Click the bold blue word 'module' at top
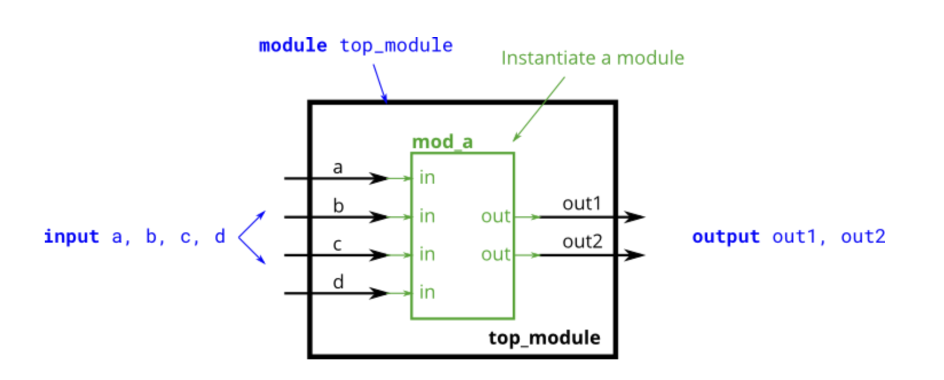[x=293, y=45]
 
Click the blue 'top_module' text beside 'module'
[x=396, y=46]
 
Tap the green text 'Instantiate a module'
[x=592, y=58]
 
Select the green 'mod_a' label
[x=442, y=142]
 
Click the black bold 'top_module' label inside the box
[x=544, y=338]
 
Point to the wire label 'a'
[x=337, y=168]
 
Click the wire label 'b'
[x=338, y=205]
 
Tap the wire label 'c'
[x=337, y=244]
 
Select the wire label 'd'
[x=338, y=282]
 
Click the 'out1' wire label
[x=581, y=204]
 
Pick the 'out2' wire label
[x=582, y=242]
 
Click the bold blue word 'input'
[x=72, y=236]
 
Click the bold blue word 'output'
[x=726, y=236]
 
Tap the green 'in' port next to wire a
[x=427, y=178]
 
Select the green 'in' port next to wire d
[x=427, y=292]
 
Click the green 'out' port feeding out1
[x=495, y=216]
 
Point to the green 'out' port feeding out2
[x=495, y=254]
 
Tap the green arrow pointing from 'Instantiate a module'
[x=538, y=109]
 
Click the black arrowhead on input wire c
[x=379, y=255]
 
